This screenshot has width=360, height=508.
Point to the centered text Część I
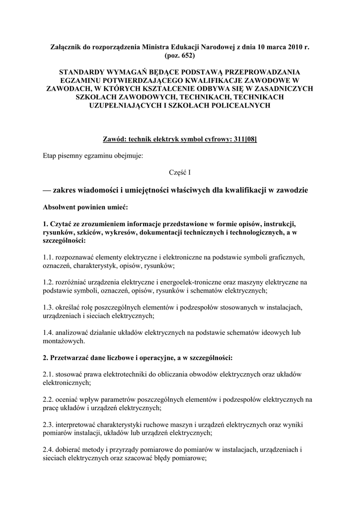point(180,172)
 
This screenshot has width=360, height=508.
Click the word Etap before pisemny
point(50,156)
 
